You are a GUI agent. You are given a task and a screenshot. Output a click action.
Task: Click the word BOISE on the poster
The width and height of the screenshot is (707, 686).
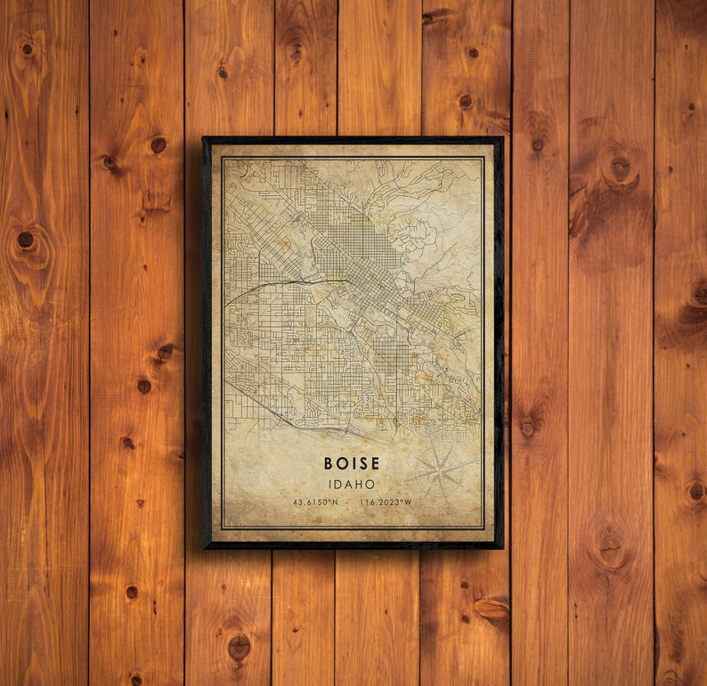(352, 463)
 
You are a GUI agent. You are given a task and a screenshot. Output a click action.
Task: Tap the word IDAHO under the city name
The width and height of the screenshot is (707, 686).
(352, 484)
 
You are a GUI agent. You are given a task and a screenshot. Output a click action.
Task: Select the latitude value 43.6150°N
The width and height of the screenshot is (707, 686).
(315, 502)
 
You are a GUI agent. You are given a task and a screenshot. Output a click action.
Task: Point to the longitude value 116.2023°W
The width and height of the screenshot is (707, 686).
(386, 502)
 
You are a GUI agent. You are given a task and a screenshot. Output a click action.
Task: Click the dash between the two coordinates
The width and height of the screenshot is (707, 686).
(349, 502)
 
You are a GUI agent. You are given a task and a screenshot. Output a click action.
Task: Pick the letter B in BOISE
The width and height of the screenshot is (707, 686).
(329, 463)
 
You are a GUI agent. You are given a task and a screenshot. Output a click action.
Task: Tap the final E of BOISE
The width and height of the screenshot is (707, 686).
(375, 463)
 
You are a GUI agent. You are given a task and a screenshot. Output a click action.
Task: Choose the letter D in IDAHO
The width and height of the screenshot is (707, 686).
(338, 484)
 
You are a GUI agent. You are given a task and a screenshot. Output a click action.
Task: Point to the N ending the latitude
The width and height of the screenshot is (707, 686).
(335, 502)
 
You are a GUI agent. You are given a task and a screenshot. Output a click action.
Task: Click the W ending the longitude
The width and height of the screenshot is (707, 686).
(409, 502)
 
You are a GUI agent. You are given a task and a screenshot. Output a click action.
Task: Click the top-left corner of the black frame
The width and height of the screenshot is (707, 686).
(204, 138)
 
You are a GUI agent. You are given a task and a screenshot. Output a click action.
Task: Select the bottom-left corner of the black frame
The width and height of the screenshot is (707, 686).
(204, 547)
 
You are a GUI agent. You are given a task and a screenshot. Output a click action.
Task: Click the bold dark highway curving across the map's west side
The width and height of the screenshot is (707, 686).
(285, 283)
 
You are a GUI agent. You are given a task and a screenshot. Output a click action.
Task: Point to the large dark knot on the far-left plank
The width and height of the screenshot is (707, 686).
(25, 240)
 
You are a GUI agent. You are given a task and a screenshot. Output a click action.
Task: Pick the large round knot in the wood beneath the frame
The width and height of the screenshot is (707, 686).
(239, 646)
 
